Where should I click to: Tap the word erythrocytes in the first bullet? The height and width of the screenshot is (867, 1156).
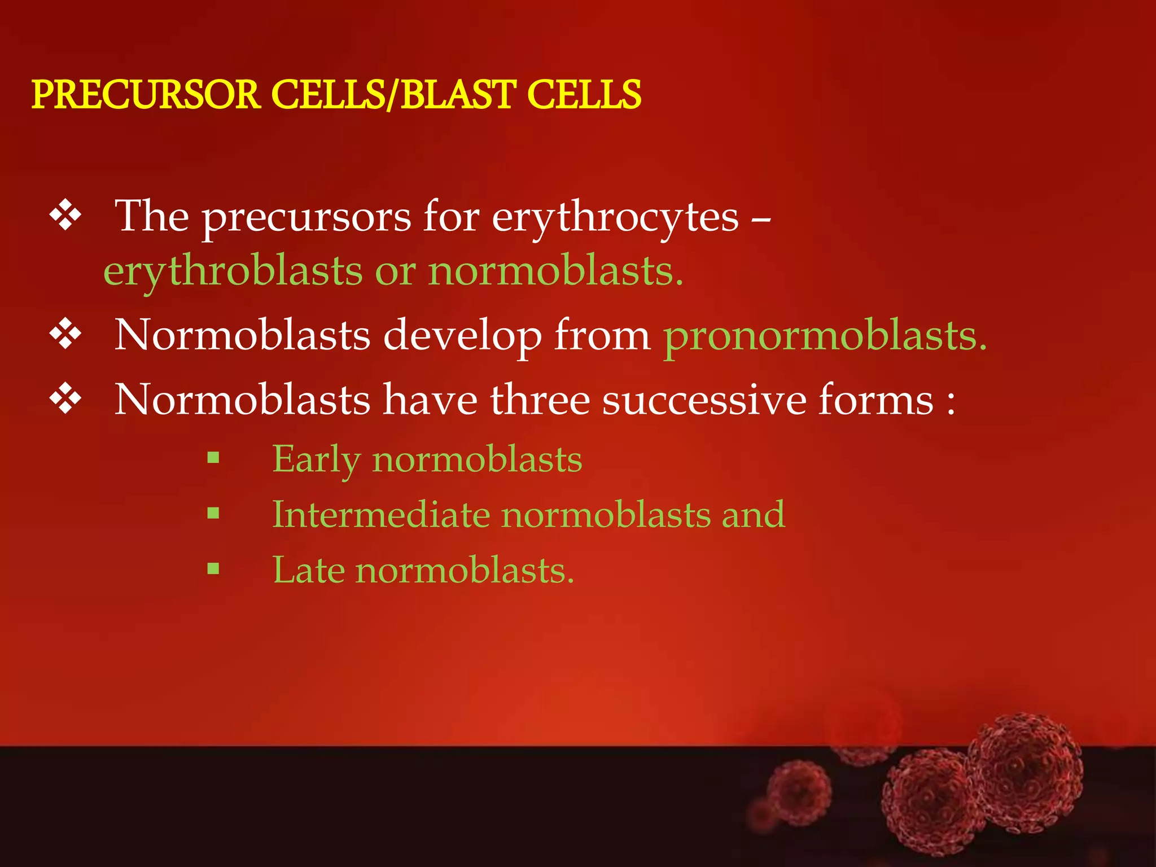pyautogui.click(x=615, y=217)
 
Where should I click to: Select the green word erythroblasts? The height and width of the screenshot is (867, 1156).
pyautogui.click(x=233, y=272)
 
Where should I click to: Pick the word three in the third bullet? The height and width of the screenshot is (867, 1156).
pyautogui.click(x=540, y=400)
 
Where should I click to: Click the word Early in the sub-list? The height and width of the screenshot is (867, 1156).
pyautogui.click(x=316, y=460)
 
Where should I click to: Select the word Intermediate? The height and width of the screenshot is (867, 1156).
pyautogui.click(x=381, y=515)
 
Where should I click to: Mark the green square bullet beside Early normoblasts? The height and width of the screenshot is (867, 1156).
pyautogui.click(x=213, y=457)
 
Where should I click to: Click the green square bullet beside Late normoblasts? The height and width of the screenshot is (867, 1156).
pyautogui.click(x=213, y=568)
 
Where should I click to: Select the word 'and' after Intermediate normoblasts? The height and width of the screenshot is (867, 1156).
pyautogui.click(x=753, y=515)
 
